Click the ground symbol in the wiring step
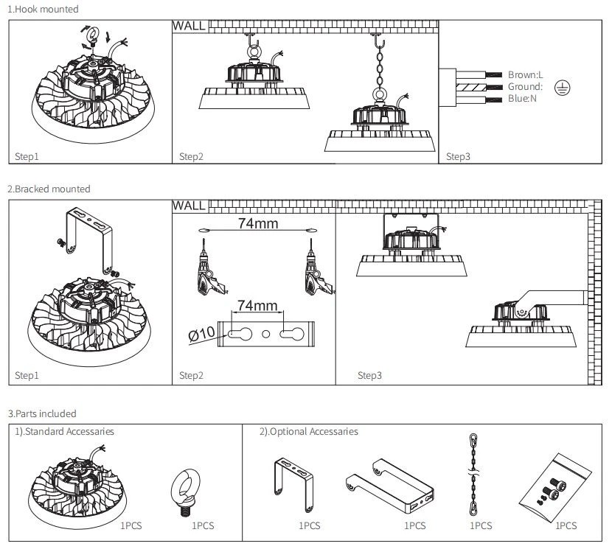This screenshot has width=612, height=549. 562,88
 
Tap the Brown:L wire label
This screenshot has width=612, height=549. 525,74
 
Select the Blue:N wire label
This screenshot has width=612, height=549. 522,98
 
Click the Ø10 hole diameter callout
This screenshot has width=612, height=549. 201,334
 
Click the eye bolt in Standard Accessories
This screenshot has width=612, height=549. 185,492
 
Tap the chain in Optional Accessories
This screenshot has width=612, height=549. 473,474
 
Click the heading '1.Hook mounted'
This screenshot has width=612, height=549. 43,9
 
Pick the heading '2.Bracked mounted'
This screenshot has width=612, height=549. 49,189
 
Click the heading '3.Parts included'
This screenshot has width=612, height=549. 42,413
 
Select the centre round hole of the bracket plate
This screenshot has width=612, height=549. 265,334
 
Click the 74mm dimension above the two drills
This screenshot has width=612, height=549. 258,223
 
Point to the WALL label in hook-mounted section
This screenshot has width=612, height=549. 189,26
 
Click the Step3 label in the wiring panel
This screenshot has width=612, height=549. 458,156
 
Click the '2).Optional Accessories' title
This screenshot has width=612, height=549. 309,432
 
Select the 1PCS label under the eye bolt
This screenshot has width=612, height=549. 203,525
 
